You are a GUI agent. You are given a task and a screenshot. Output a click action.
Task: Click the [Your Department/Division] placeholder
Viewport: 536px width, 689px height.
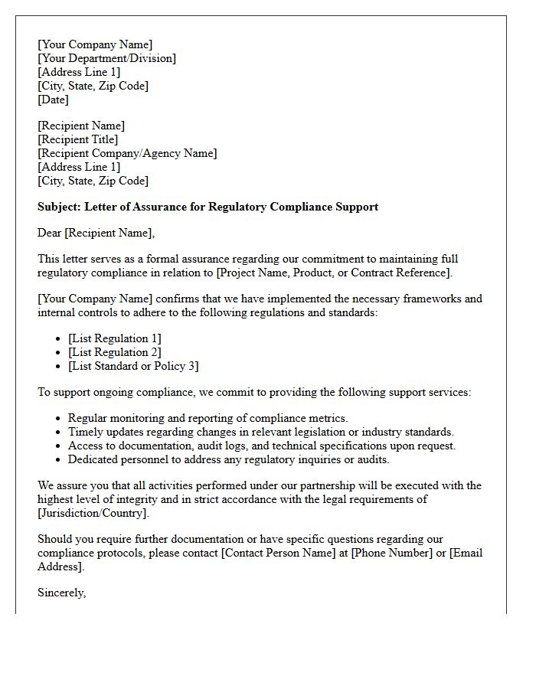[x=106, y=58]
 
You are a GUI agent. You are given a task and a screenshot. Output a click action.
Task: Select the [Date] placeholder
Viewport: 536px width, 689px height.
[x=53, y=100]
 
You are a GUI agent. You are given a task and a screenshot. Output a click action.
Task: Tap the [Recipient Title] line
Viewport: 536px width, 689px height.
[x=77, y=139]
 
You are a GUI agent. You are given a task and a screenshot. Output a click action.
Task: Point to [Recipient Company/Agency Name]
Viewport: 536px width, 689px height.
[x=127, y=153]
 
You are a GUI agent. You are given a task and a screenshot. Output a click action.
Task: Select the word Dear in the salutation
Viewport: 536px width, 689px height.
[x=51, y=233]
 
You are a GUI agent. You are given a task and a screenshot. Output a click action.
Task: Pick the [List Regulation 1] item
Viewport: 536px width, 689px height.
[x=115, y=338]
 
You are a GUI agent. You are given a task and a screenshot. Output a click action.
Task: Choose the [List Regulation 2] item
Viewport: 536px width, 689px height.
[x=115, y=352]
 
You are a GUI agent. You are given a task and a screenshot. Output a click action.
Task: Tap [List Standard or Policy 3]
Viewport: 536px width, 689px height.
[x=133, y=366]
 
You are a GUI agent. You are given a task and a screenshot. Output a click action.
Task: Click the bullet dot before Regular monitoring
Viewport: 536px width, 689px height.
[x=59, y=419]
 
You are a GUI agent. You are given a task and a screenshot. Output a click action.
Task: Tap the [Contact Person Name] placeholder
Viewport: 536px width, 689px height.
[x=283, y=553]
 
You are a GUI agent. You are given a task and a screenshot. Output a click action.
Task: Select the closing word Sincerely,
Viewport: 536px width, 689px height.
[x=61, y=593]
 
